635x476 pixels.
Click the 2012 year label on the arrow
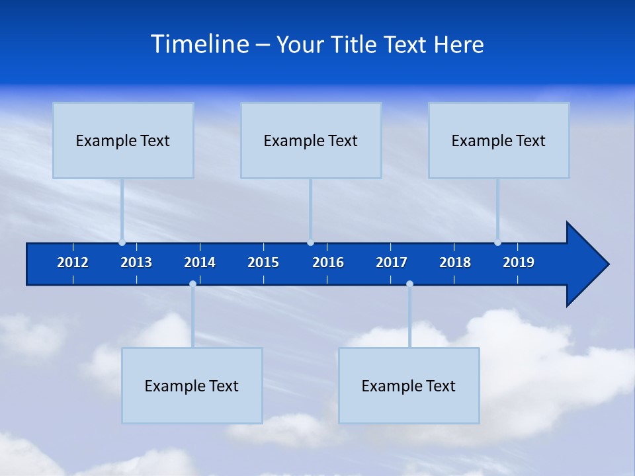point(73,262)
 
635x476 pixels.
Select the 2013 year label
point(136,262)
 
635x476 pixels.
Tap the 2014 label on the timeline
point(200,262)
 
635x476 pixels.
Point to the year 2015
point(263,262)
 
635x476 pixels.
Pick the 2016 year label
point(328,262)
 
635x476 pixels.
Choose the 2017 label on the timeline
point(392,262)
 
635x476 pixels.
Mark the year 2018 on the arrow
point(455,262)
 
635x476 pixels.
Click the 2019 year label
point(519,262)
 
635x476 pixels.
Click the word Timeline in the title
point(200,44)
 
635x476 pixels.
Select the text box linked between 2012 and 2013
point(123,140)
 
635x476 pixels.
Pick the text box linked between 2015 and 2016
point(311,140)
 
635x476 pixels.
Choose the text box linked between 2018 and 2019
point(499,140)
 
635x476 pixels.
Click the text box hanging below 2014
point(192,385)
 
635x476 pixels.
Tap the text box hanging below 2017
point(409,385)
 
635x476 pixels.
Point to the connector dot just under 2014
point(192,284)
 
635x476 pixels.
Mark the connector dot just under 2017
point(409,284)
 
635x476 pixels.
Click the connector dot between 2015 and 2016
point(310,243)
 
